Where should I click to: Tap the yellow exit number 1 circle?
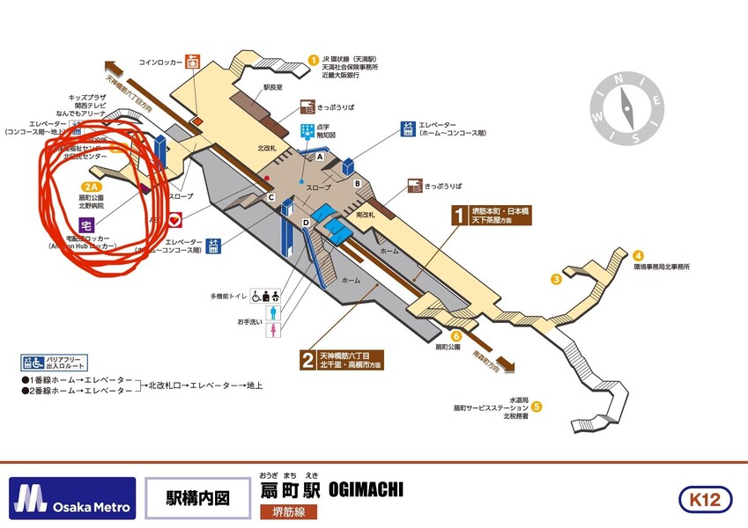point(313,60)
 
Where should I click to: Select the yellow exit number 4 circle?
point(638,255)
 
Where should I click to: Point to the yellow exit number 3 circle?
point(556,280)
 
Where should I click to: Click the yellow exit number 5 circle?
point(536,407)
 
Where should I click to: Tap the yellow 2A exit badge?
point(91,187)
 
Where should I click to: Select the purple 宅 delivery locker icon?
point(86,224)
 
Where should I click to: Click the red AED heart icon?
point(174,219)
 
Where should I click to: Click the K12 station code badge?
point(705,500)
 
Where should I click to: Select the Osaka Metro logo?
point(73,499)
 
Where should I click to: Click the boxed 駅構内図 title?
point(198,499)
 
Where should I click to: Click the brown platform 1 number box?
point(458,216)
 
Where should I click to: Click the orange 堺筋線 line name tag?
point(288,511)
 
